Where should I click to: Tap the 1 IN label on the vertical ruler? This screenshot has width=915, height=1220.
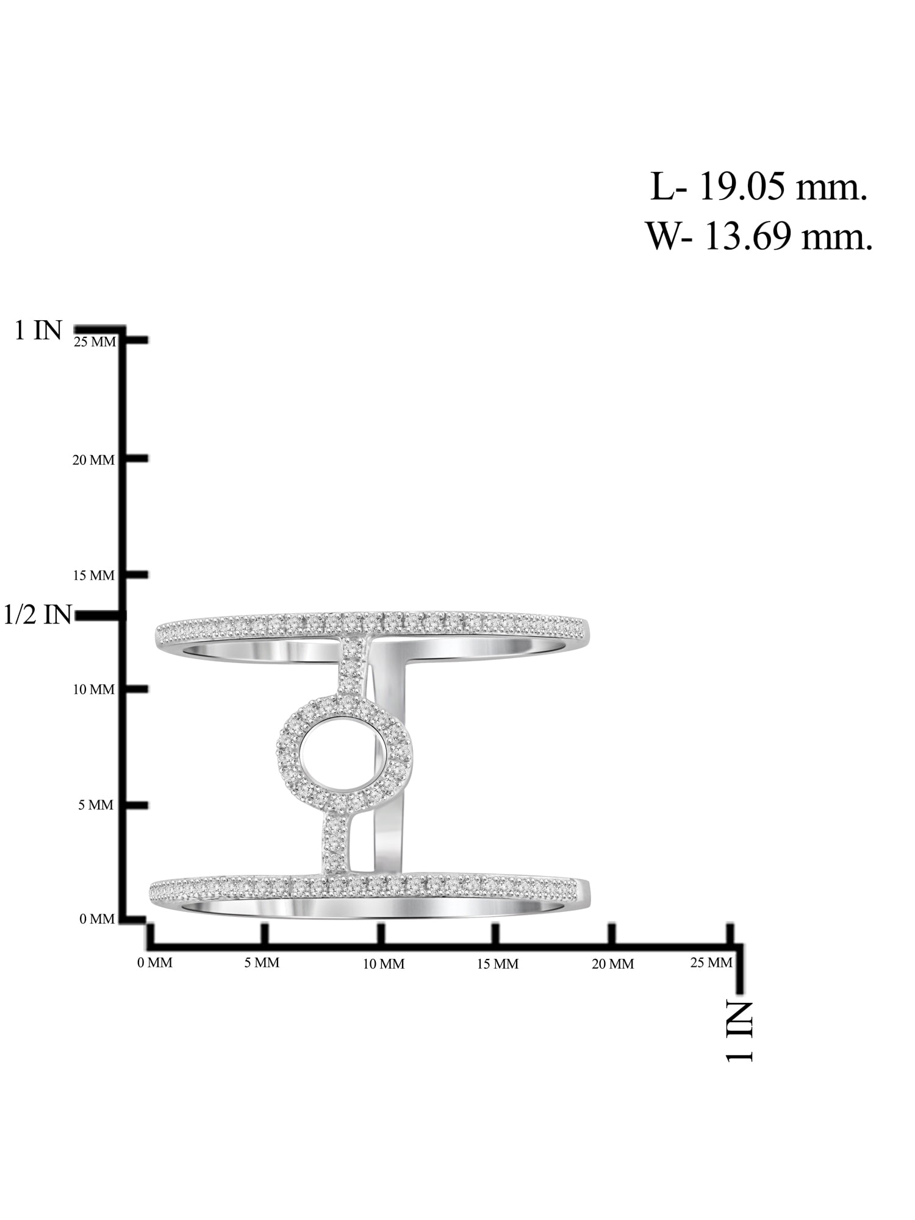tap(38, 331)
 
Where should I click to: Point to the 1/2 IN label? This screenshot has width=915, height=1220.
tap(38, 615)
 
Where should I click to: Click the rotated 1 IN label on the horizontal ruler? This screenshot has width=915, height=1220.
tap(739, 1031)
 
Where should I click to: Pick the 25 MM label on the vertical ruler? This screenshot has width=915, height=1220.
tap(95, 342)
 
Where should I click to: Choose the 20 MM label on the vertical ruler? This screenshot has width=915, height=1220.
tap(93, 461)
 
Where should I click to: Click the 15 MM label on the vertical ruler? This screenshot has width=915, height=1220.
tap(93, 576)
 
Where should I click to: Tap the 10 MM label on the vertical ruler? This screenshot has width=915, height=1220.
tap(93, 690)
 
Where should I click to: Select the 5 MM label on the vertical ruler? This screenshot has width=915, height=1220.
tap(96, 805)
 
